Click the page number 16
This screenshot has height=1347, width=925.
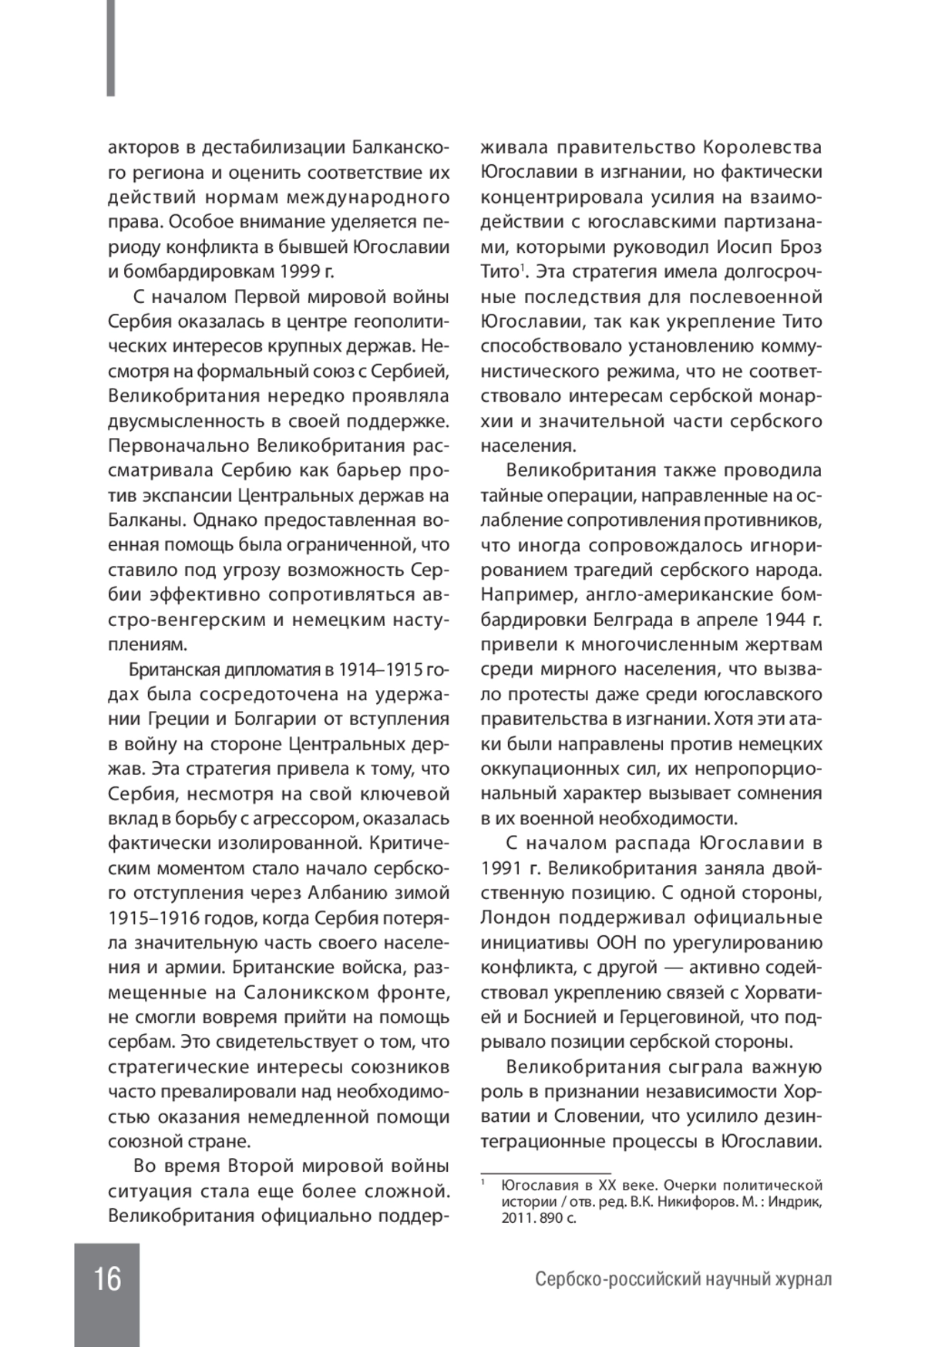click(x=107, y=1278)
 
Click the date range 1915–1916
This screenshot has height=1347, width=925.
click(x=156, y=918)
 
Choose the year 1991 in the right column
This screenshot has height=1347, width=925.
click(x=504, y=869)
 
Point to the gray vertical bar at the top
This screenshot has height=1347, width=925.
click(x=111, y=48)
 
